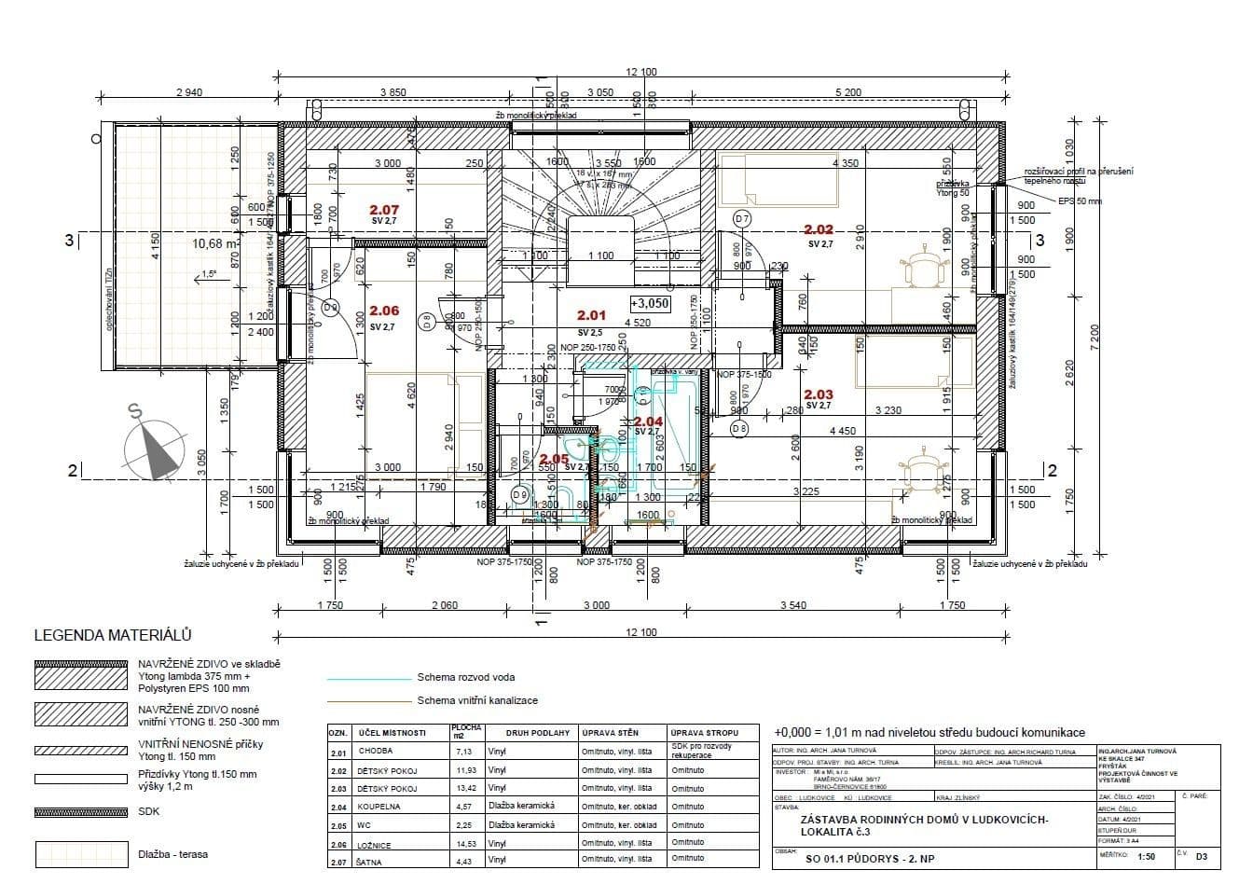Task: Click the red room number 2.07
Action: pyautogui.click(x=384, y=210)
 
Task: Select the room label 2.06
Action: pyautogui.click(x=384, y=311)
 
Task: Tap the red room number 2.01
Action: pyautogui.click(x=591, y=316)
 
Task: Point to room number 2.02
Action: pyautogui.click(x=819, y=229)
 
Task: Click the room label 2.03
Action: pyautogui.click(x=819, y=395)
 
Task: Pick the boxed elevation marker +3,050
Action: pyautogui.click(x=650, y=304)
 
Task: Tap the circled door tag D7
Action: pyautogui.click(x=742, y=219)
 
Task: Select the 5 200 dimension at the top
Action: pyautogui.click(x=848, y=92)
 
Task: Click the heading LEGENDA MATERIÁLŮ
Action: pyautogui.click(x=113, y=636)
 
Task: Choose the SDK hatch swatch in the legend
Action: pyautogui.click(x=80, y=811)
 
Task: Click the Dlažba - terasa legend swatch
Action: pyautogui.click(x=80, y=854)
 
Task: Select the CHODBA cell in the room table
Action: pyautogui.click(x=376, y=751)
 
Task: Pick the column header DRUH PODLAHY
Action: pyautogui.click(x=530, y=733)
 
